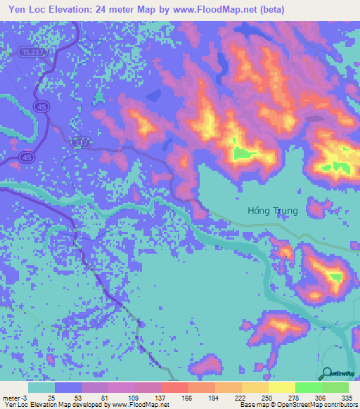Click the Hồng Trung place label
pos(273,210)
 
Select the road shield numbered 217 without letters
pos(82,142)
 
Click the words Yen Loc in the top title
pos(25,10)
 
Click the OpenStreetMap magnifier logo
pos(327,373)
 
